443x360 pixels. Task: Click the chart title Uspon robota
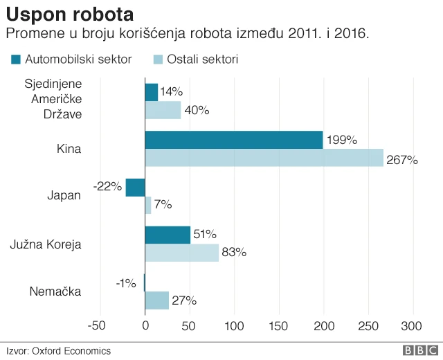70,13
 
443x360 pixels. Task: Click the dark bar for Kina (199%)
233,140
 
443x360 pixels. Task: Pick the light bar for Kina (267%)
264,158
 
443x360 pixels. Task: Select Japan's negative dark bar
135,187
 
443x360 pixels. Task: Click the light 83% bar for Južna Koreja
181,252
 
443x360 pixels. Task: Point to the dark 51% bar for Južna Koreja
168,235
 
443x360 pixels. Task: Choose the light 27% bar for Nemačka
156,300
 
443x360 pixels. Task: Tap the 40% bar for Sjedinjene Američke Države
163,110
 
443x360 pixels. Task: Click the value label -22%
108,186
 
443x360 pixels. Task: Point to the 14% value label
171,91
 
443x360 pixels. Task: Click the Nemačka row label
55,291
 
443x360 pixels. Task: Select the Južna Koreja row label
46,244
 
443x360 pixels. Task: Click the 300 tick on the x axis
413,326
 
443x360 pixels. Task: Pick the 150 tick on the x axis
279,326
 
